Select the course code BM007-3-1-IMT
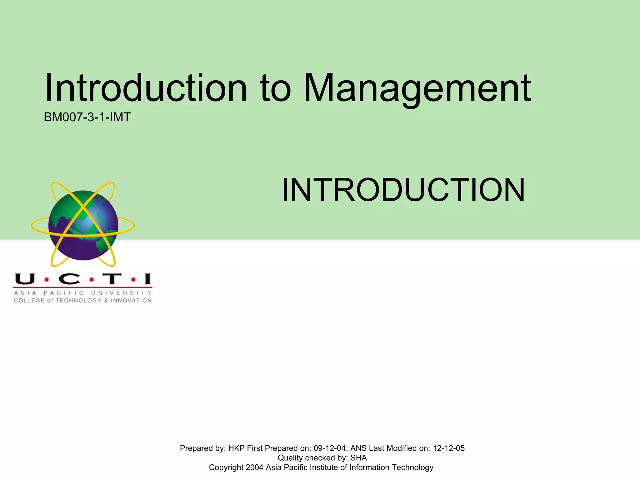tap(87, 117)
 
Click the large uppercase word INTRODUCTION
tap(403, 190)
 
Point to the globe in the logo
tap(83, 225)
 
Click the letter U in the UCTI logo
tap(25, 279)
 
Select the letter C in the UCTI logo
tap(69, 279)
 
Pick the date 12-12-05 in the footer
tap(448, 448)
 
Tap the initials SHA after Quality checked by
tap(358, 458)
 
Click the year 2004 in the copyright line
tap(254, 467)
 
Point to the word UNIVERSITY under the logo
tap(121, 293)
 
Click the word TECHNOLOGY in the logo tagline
tap(78, 301)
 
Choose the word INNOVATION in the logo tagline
tap(131, 301)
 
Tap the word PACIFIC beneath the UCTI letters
tap(64, 293)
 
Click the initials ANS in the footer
tap(358, 448)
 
